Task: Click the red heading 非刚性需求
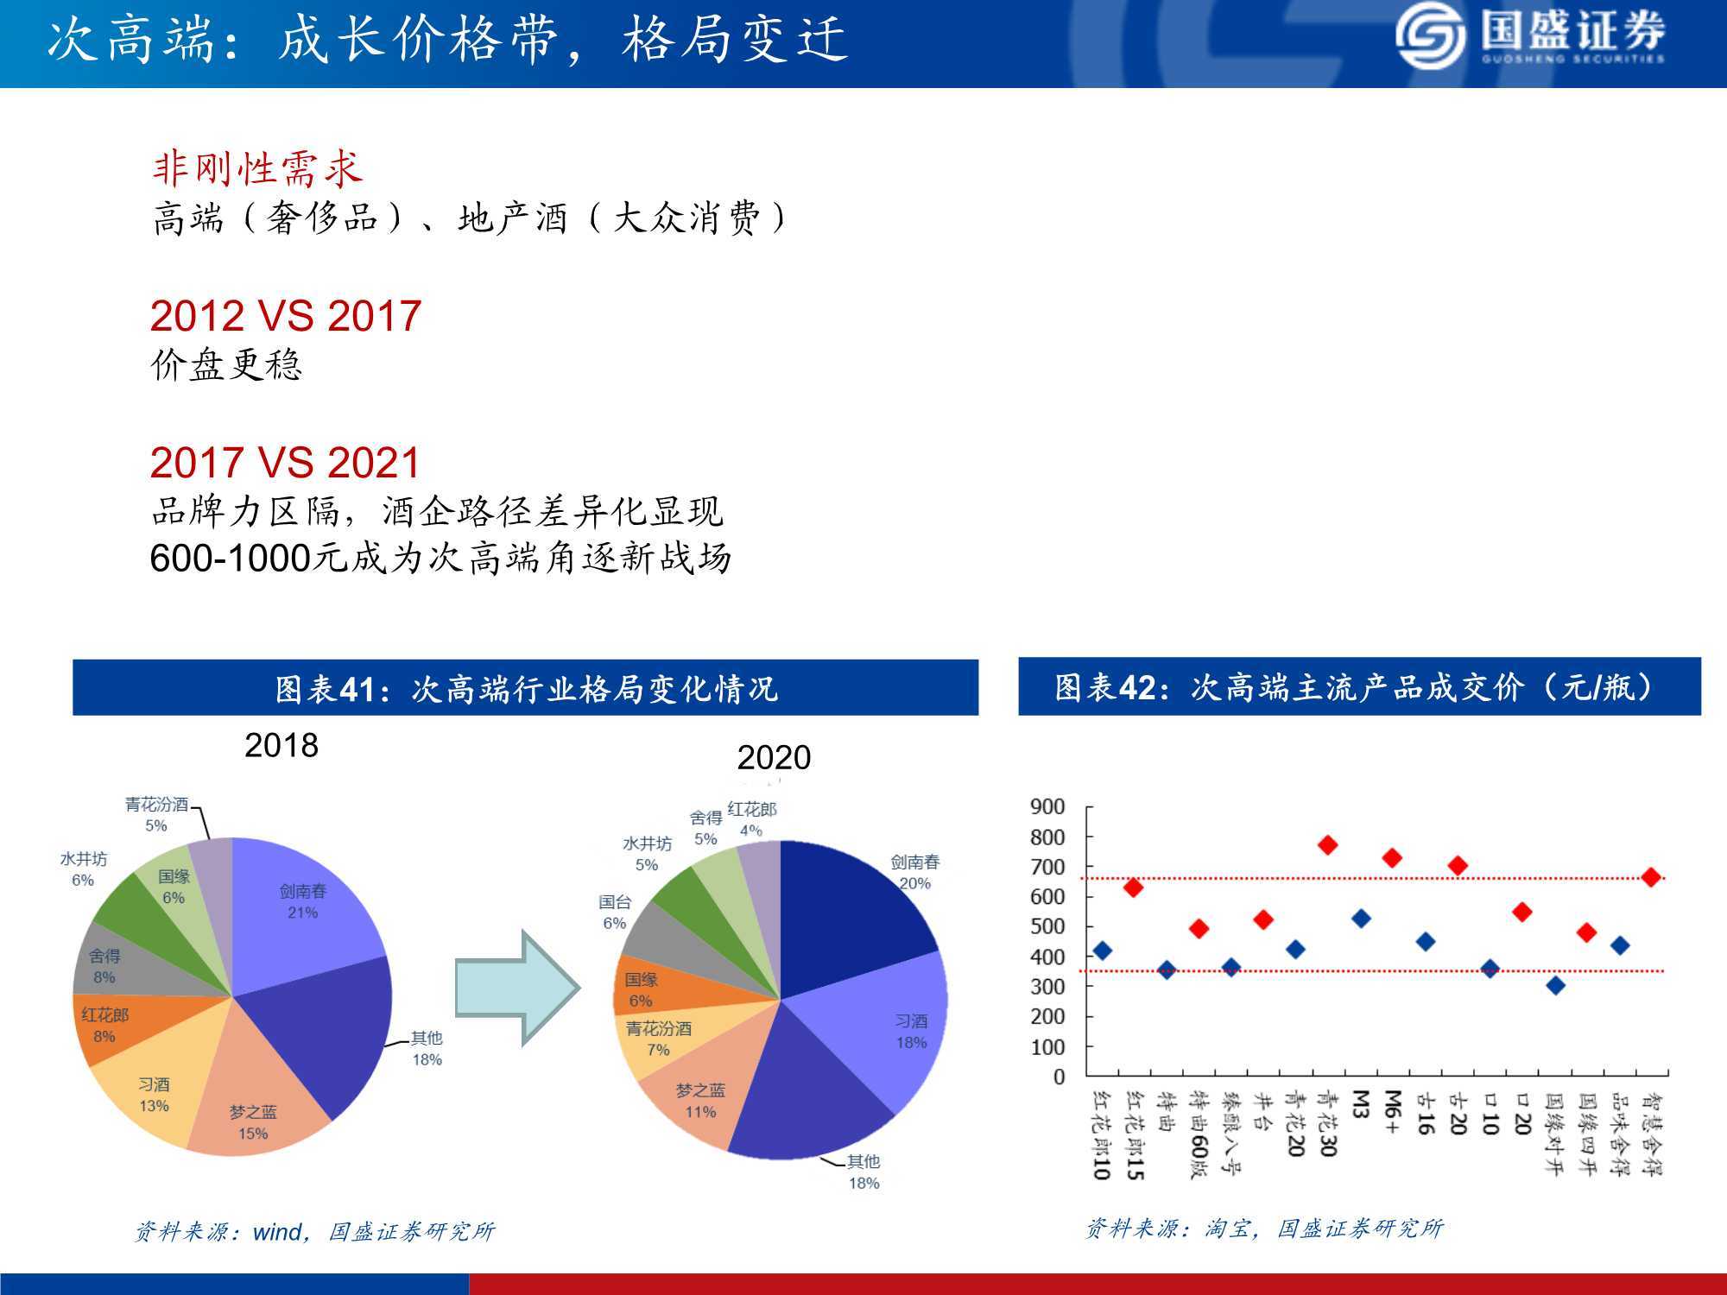257,168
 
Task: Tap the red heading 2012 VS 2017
286,315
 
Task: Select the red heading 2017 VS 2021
285,462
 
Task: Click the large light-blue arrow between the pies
516,988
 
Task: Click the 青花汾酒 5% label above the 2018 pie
156,815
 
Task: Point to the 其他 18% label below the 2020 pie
863,1172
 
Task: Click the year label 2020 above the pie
774,757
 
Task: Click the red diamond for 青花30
1328,845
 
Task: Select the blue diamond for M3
1361,919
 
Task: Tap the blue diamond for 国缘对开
1555,985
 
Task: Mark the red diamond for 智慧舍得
1651,877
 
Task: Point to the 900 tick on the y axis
1047,806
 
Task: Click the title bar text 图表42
1104,687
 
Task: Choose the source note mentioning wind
314,1231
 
